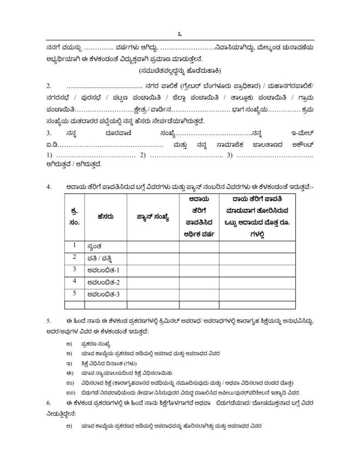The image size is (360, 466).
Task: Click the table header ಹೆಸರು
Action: [x=105, y=217]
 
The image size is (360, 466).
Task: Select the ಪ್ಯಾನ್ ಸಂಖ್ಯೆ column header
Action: [x=153, y=217]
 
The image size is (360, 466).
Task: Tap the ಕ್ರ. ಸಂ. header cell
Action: [x=75, y=217]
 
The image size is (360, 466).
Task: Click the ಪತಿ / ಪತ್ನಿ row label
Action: [x=101, y=258]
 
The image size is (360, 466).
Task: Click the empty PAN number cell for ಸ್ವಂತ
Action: [x=153, y=246]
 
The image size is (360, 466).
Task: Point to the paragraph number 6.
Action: [x=49, y=403]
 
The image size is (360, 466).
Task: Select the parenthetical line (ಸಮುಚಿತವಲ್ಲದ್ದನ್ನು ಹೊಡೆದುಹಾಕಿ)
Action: [x=180, y=71]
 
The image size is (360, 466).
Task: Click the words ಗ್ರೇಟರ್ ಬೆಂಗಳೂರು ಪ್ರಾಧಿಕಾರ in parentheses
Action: [x=220, y=86]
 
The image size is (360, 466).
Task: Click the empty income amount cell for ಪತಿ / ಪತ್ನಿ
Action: [x=257, y=258]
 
